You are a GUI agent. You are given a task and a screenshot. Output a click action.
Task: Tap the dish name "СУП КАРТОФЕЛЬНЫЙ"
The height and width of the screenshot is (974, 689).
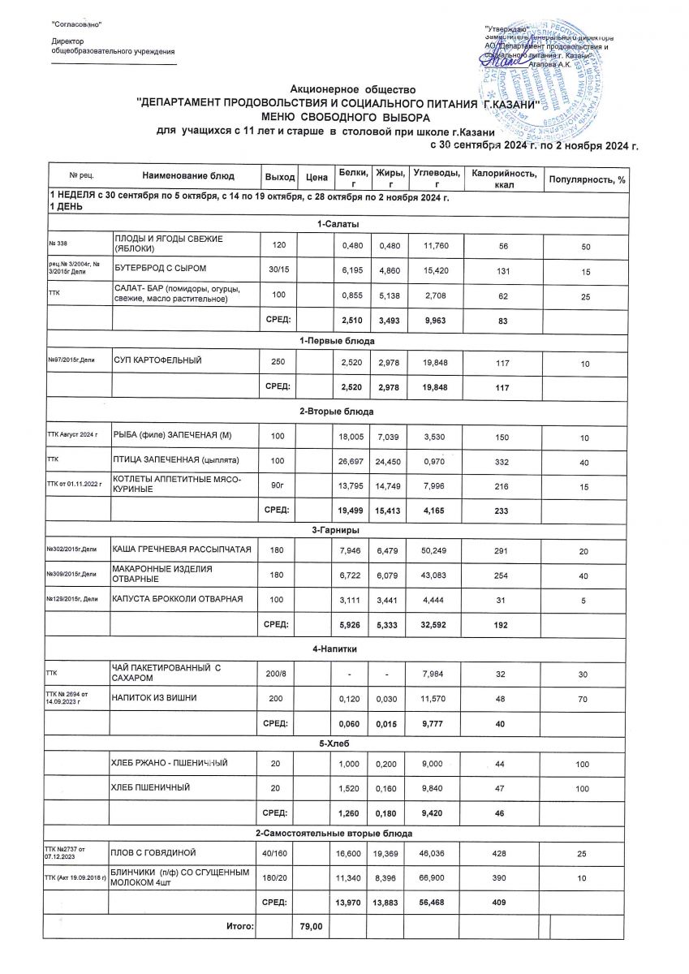coord(157,359)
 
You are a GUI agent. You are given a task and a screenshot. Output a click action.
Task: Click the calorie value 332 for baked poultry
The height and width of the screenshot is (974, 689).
coord(502,461)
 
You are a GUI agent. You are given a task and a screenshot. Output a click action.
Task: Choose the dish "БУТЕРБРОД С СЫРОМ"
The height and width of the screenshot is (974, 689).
coord(160,267)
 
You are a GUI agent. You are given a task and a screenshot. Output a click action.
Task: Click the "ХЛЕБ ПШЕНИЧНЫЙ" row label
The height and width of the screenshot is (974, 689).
coord(155,787)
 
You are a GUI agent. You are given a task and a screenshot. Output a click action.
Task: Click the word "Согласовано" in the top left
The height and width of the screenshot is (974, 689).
coord(77,25)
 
